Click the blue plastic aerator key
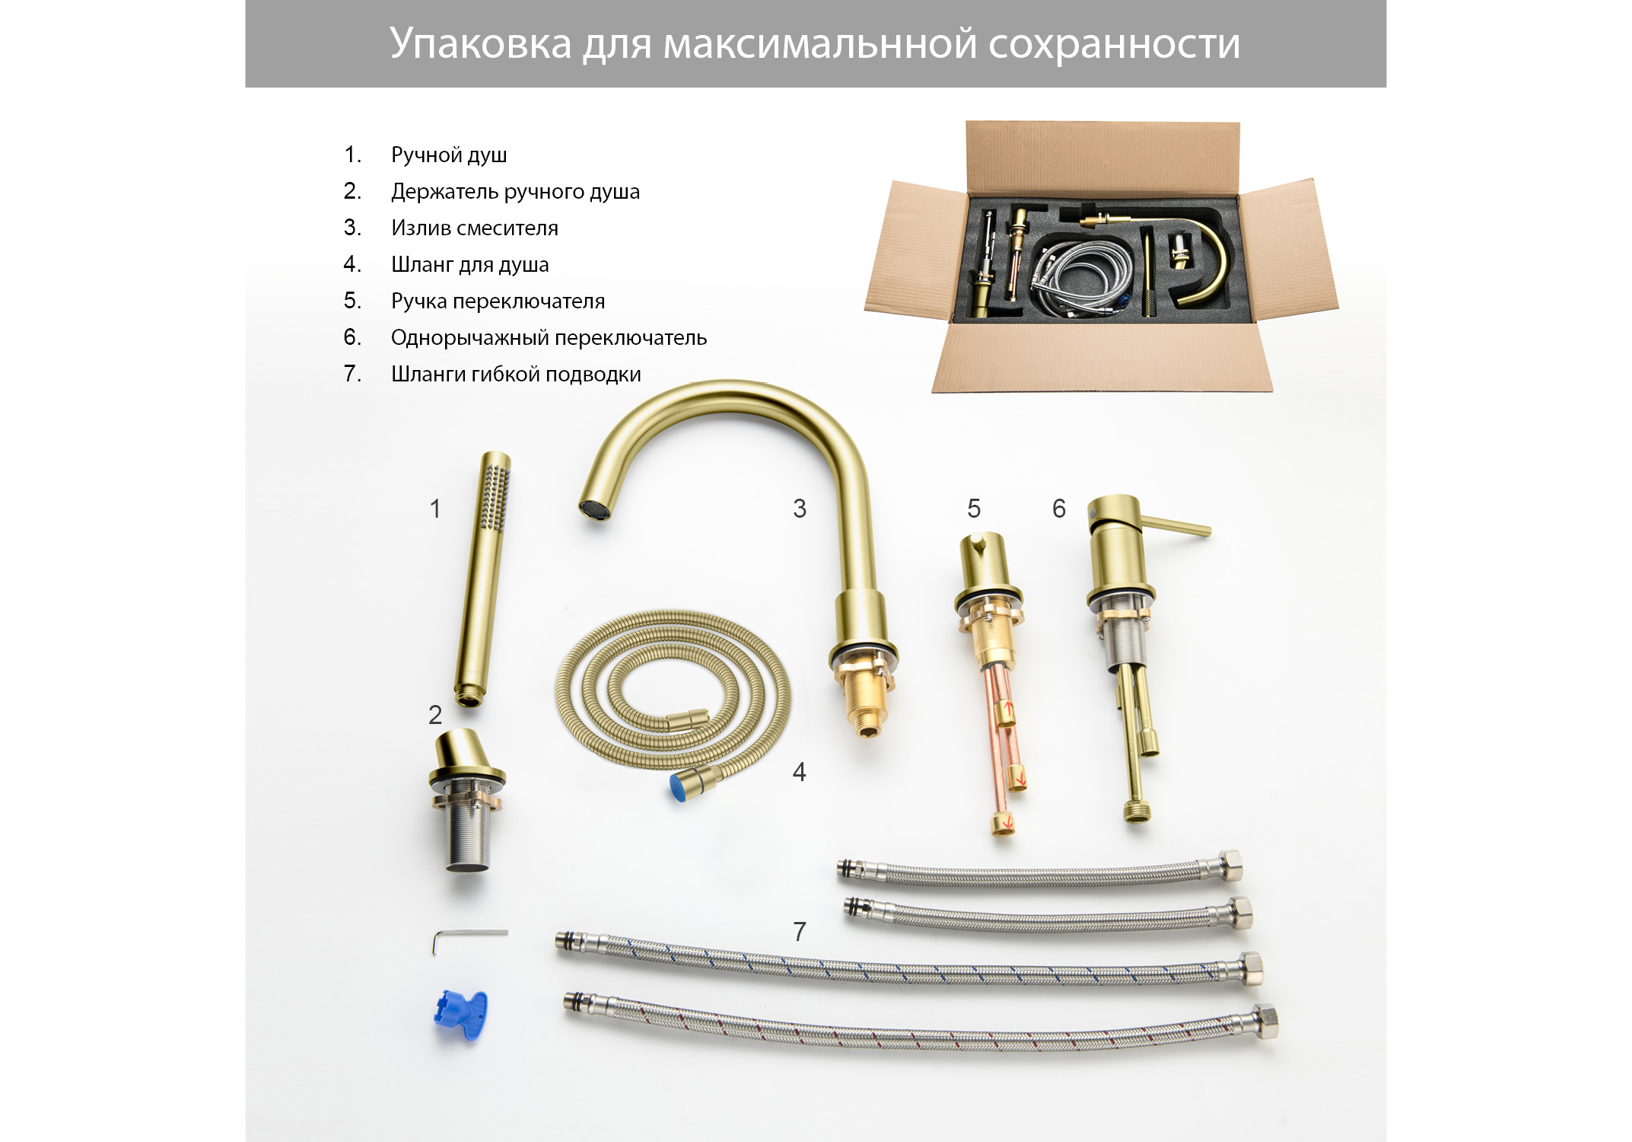(x=460, y=1015)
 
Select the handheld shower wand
(x=483, y=579)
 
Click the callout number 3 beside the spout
(x=800, y=509)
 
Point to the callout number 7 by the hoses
(x=800, y=931)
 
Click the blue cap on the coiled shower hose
(x=682, y=787)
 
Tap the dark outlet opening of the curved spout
(x=594, y=509)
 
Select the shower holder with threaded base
(x=466, y=799)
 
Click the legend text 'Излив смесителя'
(x=475, y=228)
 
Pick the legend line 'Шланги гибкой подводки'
(x=516, y=374)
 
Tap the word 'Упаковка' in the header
(x=481, y=43)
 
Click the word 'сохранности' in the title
(x=1115, y=44)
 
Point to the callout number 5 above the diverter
(x=974, y=509)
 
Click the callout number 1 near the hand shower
(x=435, y=509)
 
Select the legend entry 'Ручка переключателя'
(x=498, y=301)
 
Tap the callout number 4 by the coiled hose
(x=800, y=772)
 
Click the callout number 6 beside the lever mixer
(x=1059, y=509)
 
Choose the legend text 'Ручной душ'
(x=449, y=155)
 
